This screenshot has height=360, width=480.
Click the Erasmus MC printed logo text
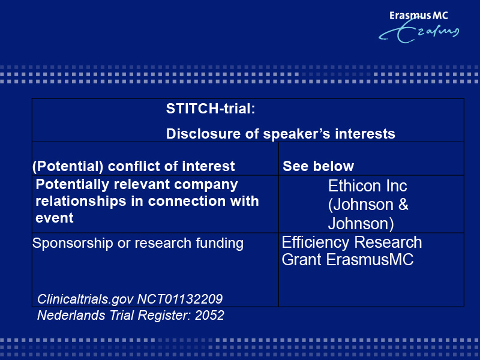pos(418,16)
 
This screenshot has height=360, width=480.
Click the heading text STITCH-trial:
pos(211,109)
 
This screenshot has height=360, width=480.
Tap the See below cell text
pos(319,166)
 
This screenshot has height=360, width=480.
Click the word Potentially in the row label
pos(73,185)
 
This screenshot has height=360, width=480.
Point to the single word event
pos(55,218)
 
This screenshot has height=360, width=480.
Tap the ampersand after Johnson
pos(403,204)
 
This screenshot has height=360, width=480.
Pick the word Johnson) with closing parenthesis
pos(361,223)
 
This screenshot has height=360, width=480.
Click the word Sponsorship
pos(73,244)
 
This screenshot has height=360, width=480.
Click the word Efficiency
pos(315,242)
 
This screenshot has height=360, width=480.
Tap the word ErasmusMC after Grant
pos(370,260)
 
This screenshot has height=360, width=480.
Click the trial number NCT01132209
pos(179,299)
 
